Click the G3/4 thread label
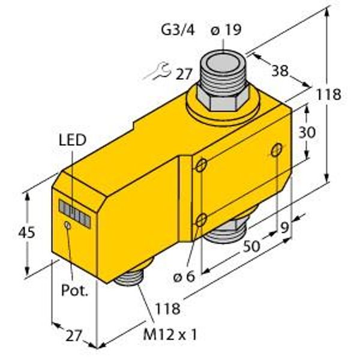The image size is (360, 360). pos(178,31)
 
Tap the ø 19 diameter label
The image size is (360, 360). pos(226,30)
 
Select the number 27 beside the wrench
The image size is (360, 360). pos(184,74)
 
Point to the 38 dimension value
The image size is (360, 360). pos(280,70)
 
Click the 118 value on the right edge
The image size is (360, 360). pos(329,94)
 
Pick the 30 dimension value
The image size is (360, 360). pos(307,133)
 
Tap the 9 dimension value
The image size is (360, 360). pos(284,228)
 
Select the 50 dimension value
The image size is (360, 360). pos(251,247)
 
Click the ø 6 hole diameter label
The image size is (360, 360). pos(184,277)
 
